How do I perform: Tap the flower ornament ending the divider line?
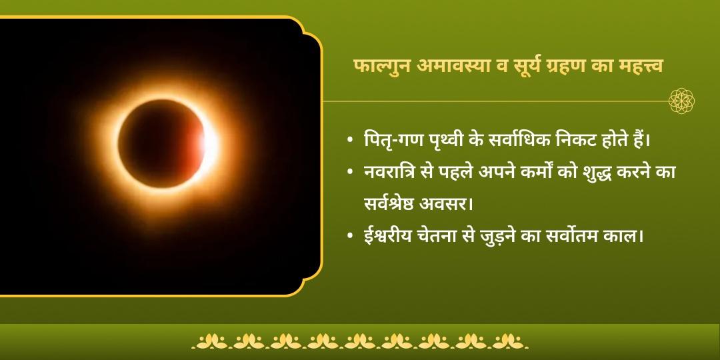[x=682, y=101]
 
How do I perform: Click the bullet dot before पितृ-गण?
[x=350, y=141]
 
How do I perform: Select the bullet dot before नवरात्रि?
[x=350, y=173]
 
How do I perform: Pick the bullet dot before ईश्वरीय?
[x=350, y=237]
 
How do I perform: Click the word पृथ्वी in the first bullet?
[x=437, y=141]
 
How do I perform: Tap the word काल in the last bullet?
[x=627, y=235]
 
